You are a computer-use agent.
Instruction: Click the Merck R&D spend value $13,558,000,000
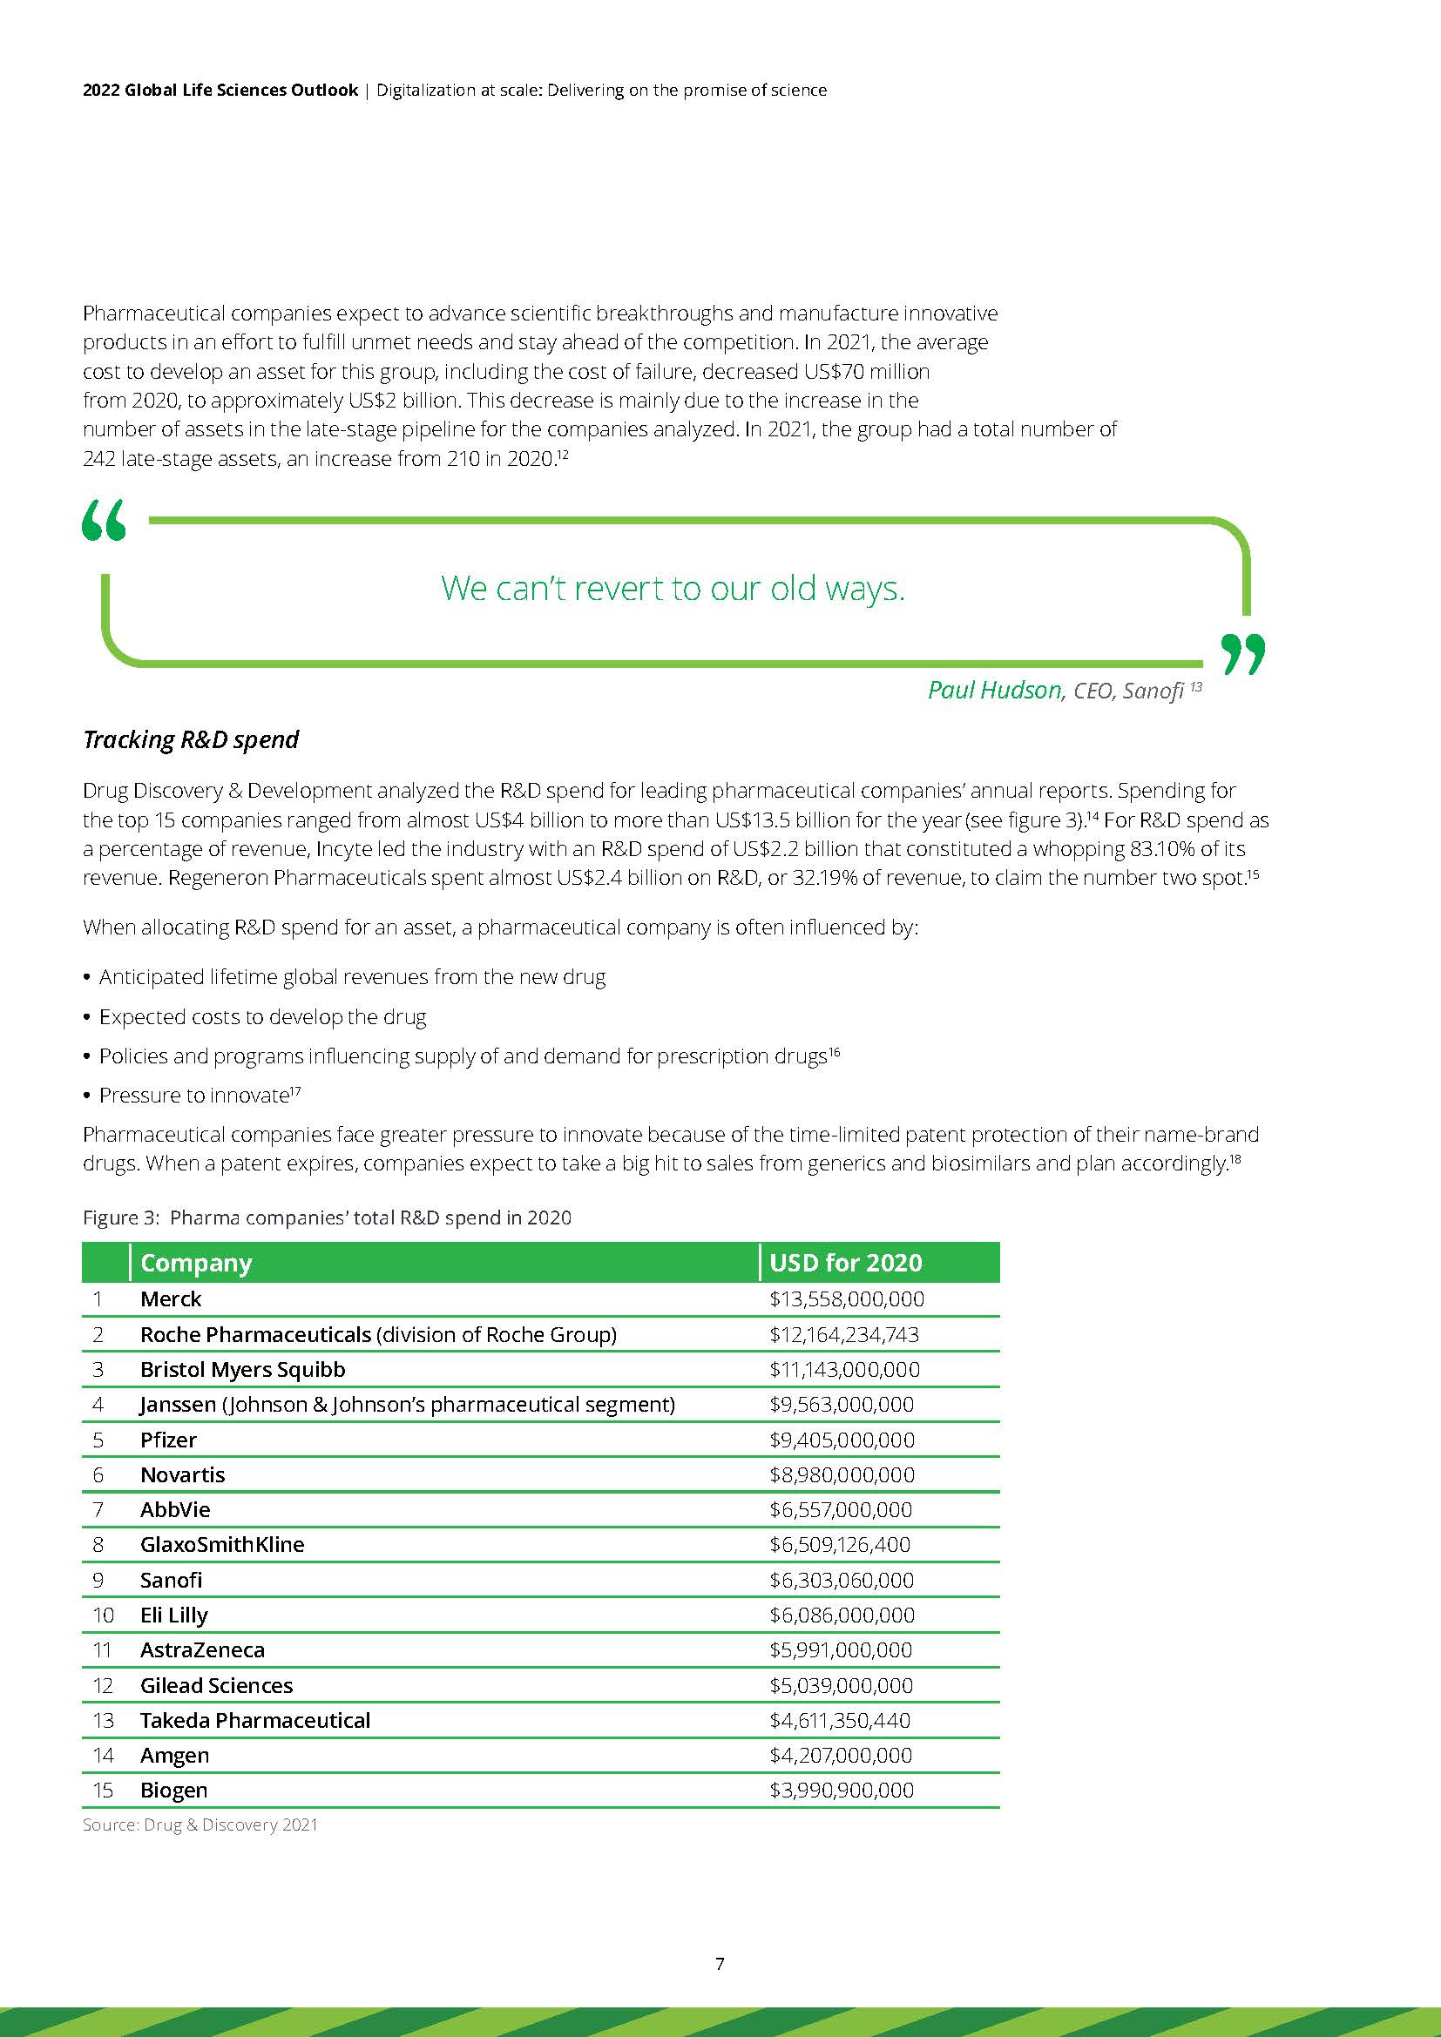tap(847, 1298)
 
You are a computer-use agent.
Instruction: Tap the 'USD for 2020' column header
tap(846, 1263)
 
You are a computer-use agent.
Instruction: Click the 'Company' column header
tap(196, 1263)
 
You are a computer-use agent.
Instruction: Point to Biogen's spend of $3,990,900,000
tap(842, 1790)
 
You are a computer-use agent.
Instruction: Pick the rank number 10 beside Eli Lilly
tap(103, 1615)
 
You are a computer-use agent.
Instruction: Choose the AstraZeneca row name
tap(202, 1649)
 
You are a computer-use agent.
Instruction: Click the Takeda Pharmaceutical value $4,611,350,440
tap(839, 1720)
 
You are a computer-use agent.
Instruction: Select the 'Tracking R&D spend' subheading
tap(191, 739)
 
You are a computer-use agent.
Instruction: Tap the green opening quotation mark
tap(104, 520)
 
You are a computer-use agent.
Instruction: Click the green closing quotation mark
tap(1243, 654)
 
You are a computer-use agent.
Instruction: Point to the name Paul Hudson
tap(994, 690)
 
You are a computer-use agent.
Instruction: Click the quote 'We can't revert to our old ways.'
tap(673, 587)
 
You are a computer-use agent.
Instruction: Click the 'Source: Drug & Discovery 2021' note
tap(200, 1825)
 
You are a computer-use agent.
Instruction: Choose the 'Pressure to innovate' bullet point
tap(194, 1096)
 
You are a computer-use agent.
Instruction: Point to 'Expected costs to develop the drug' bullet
tap(262, 1016)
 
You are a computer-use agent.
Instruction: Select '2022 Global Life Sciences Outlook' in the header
tap(220, 90)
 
